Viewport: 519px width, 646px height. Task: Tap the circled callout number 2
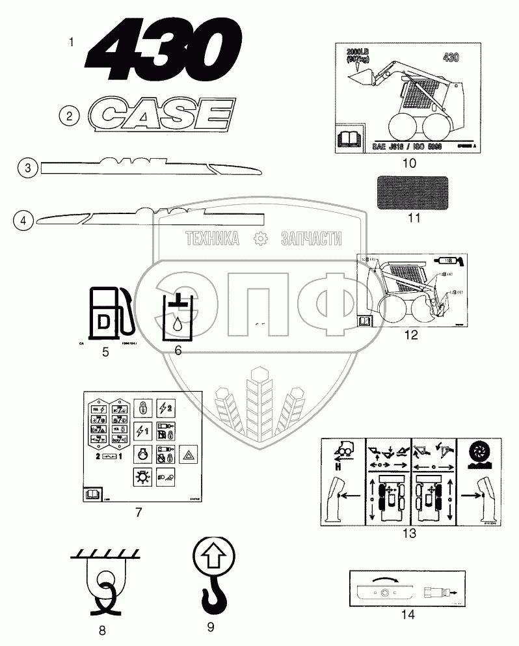[x=69, y=116]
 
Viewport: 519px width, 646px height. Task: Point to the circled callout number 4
[x=23, y=221]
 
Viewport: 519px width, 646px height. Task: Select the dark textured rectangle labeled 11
[x=412, y=191]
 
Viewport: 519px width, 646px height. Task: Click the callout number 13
[x=409, y=533]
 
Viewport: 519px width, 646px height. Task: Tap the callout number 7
[x=139, y=512]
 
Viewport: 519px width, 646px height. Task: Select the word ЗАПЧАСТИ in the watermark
[x=311, y=239]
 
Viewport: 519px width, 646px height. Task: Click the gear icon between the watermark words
[x=261, y=239]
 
